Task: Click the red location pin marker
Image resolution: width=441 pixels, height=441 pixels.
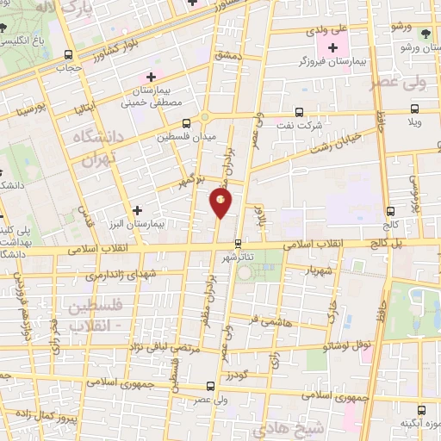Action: point(220,203)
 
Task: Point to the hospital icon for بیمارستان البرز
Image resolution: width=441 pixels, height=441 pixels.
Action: point(137,209)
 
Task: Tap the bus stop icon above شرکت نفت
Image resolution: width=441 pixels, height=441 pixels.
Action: point(298,111)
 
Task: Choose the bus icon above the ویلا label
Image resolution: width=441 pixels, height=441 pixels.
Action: point(414,109)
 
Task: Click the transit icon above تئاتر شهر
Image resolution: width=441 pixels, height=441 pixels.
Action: point(239,244)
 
